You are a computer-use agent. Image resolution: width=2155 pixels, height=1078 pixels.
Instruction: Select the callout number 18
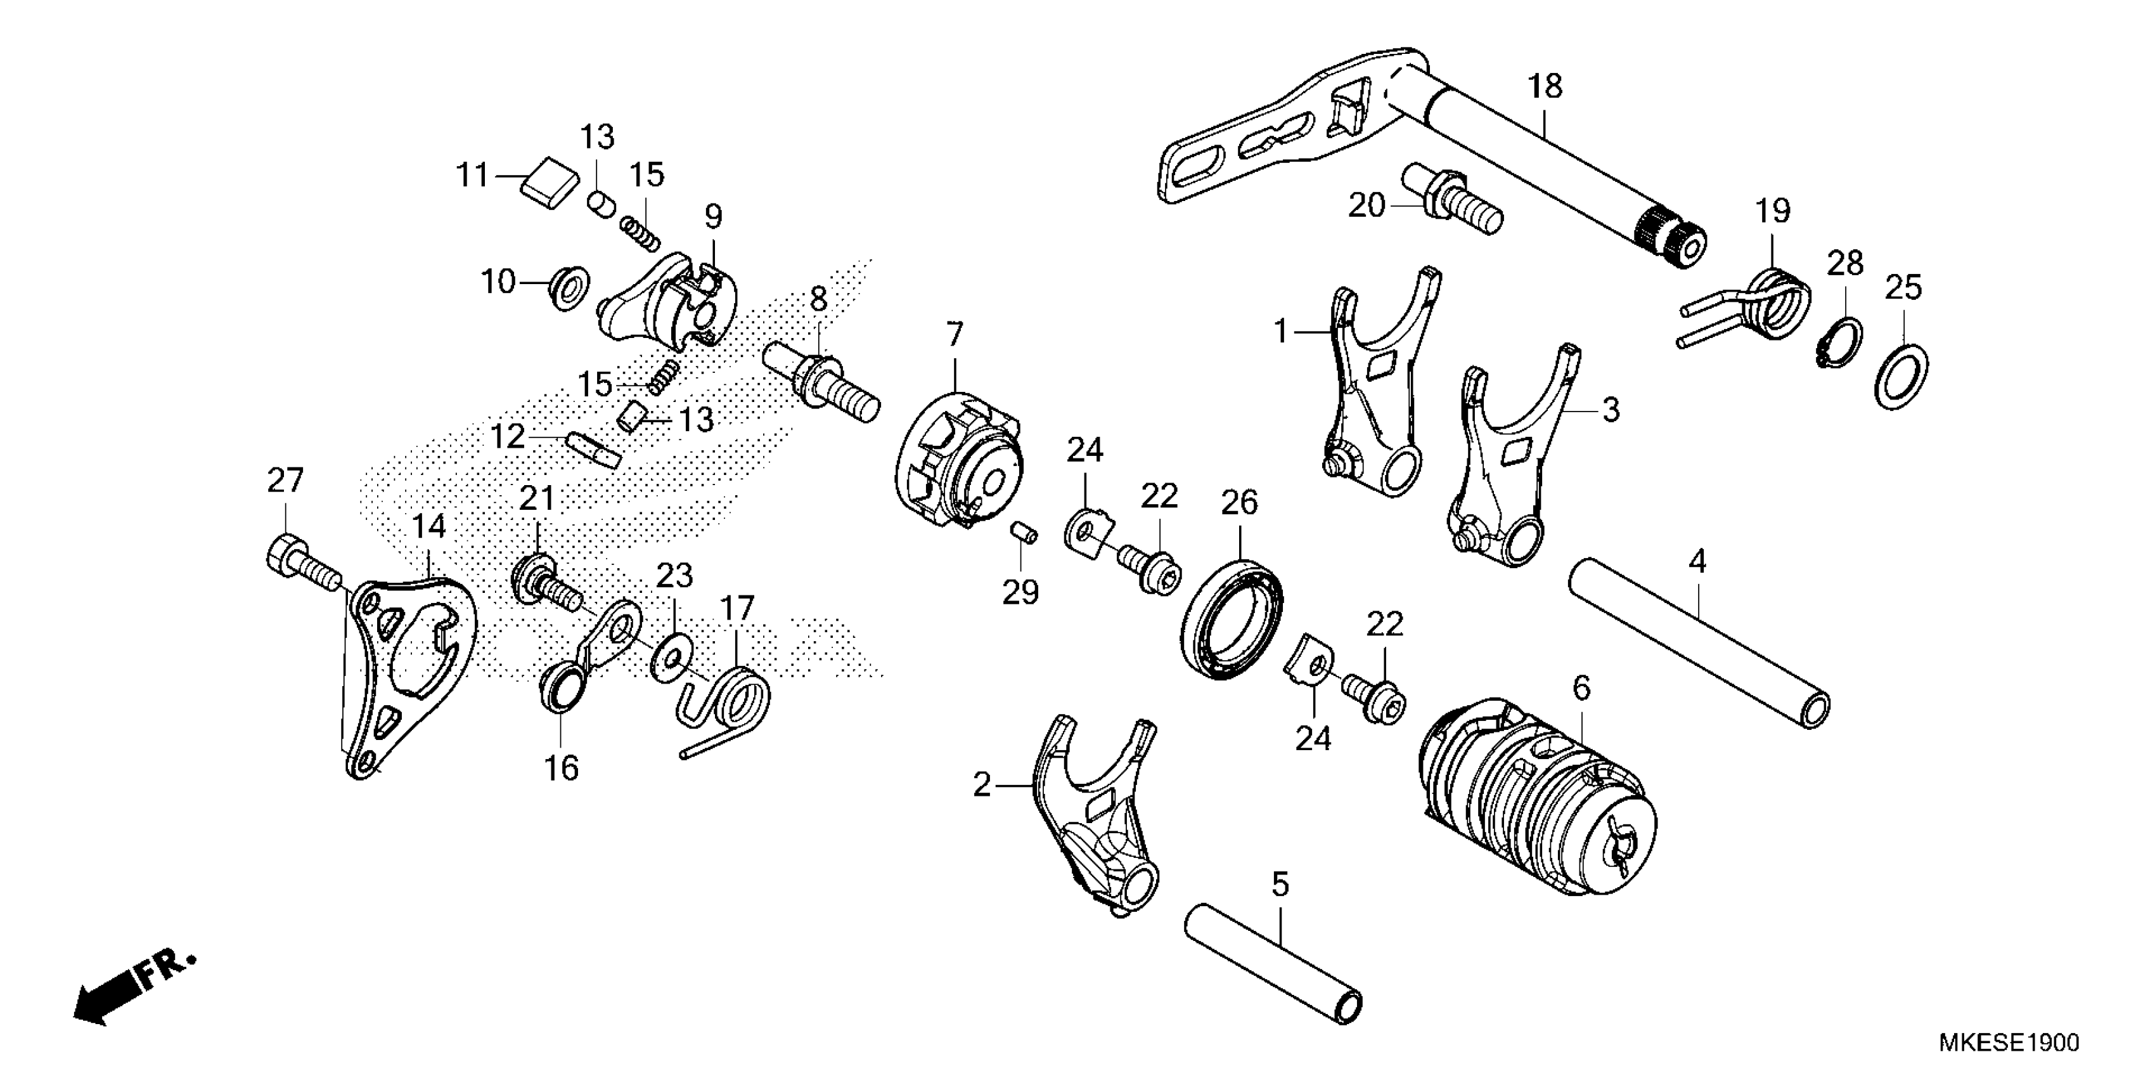(x=1544, y=86)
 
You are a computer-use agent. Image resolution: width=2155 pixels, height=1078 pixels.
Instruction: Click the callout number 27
(x=285, y=481)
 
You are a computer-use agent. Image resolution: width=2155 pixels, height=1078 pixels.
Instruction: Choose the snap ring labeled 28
(x=1841, y=342)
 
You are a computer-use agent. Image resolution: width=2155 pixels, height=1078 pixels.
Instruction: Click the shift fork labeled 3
(x=1514, y=469)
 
